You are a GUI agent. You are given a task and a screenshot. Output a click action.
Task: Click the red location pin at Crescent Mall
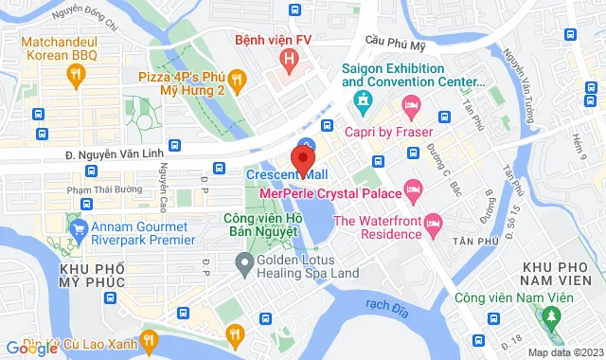pos(304,154)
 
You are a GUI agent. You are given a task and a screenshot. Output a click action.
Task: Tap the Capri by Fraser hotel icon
pos(410,105)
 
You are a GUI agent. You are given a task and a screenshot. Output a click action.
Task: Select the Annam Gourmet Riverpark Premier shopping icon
pos(77,227)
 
